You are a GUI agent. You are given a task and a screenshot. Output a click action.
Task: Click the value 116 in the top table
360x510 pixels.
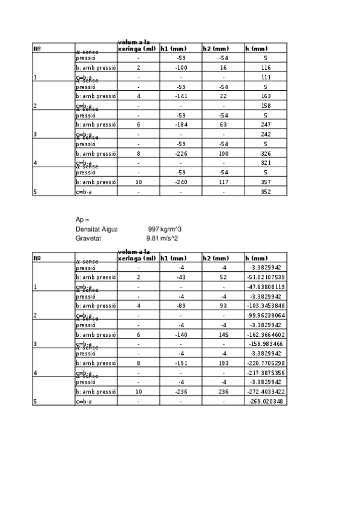pos(266,68)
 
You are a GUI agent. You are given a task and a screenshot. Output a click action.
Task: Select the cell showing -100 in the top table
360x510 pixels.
pos(180,68)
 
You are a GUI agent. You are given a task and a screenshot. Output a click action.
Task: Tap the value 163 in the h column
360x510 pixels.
pos(266,96)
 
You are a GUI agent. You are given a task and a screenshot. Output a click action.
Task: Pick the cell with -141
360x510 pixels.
pos(180,96)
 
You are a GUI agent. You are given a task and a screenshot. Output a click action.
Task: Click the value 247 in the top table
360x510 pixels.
pos(266,124)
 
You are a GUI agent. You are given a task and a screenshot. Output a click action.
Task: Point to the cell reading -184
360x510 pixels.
pos(180,124)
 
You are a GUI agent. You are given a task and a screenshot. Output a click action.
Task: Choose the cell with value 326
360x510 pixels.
pos(266,153)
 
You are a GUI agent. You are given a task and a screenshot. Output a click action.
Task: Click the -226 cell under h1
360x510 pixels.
pos(180,153)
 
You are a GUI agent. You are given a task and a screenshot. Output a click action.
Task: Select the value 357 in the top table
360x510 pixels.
pos(266,182)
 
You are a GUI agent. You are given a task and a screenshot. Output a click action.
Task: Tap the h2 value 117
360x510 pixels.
pos(223,182)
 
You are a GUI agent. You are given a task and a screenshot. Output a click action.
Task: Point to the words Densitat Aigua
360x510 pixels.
pos(96,229)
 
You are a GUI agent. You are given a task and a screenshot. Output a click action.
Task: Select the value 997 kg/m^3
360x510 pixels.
pos(165,229)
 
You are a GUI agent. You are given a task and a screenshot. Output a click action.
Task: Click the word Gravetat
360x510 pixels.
pos(88,238)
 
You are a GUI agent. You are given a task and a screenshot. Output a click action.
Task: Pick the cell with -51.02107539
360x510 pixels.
pos(266,277)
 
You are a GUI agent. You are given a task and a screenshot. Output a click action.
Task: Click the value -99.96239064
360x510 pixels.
pos(266,315)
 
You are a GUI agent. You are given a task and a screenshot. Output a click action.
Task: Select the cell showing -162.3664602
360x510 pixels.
pos(266,334)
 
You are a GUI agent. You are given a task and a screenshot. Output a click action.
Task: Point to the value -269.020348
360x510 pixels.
pos(266,401)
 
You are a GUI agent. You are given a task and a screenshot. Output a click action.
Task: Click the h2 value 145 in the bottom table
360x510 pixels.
pos(223,334)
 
